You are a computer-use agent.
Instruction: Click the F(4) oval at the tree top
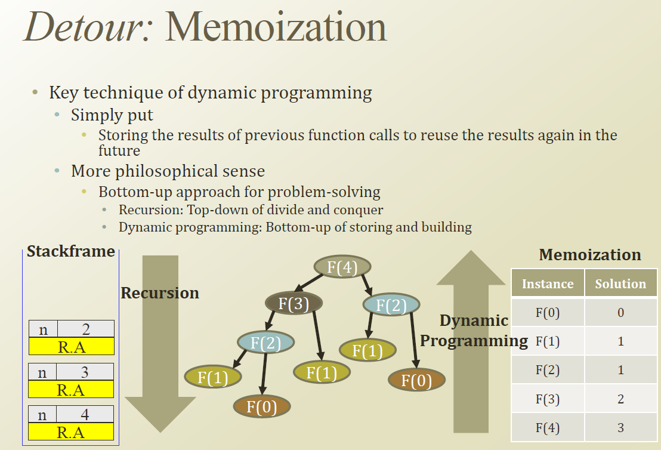pyautogui.click(x=342, y=267)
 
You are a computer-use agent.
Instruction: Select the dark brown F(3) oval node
pyautogui.click(x=294, y=304)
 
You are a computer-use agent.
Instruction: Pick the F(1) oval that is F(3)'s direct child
pyautogui.click(x=322, y=372)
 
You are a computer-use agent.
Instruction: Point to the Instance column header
pyautogui.click(x=548, y=284)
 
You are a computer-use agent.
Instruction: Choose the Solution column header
pyautogui.click(x=620, y=284)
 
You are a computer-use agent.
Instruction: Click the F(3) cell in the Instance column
pyautogui.click(x=548, y=399)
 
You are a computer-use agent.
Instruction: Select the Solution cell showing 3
pyautogui.click(x=620, y=427)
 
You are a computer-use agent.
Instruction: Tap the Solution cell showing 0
pyautogui.click(x=620, y=312)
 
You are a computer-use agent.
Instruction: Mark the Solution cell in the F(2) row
pyautogui.click(x=620, y=370)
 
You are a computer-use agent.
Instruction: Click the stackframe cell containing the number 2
pyautogui.click(x=85, y=329)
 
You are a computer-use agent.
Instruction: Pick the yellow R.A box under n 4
pyautogui.click(x=71, y=432)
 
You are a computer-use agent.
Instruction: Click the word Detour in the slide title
pyautogui.click(x=89, y=27)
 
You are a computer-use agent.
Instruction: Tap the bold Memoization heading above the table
pyautogui.click(x=589, y=255)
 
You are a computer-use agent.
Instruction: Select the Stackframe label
pyautogui.click(x=70, y=251)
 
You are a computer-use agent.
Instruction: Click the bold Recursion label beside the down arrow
pyautogui.click(x=159, y=293)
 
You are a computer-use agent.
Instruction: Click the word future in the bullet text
pyautogui.click(x=119, y=150)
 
